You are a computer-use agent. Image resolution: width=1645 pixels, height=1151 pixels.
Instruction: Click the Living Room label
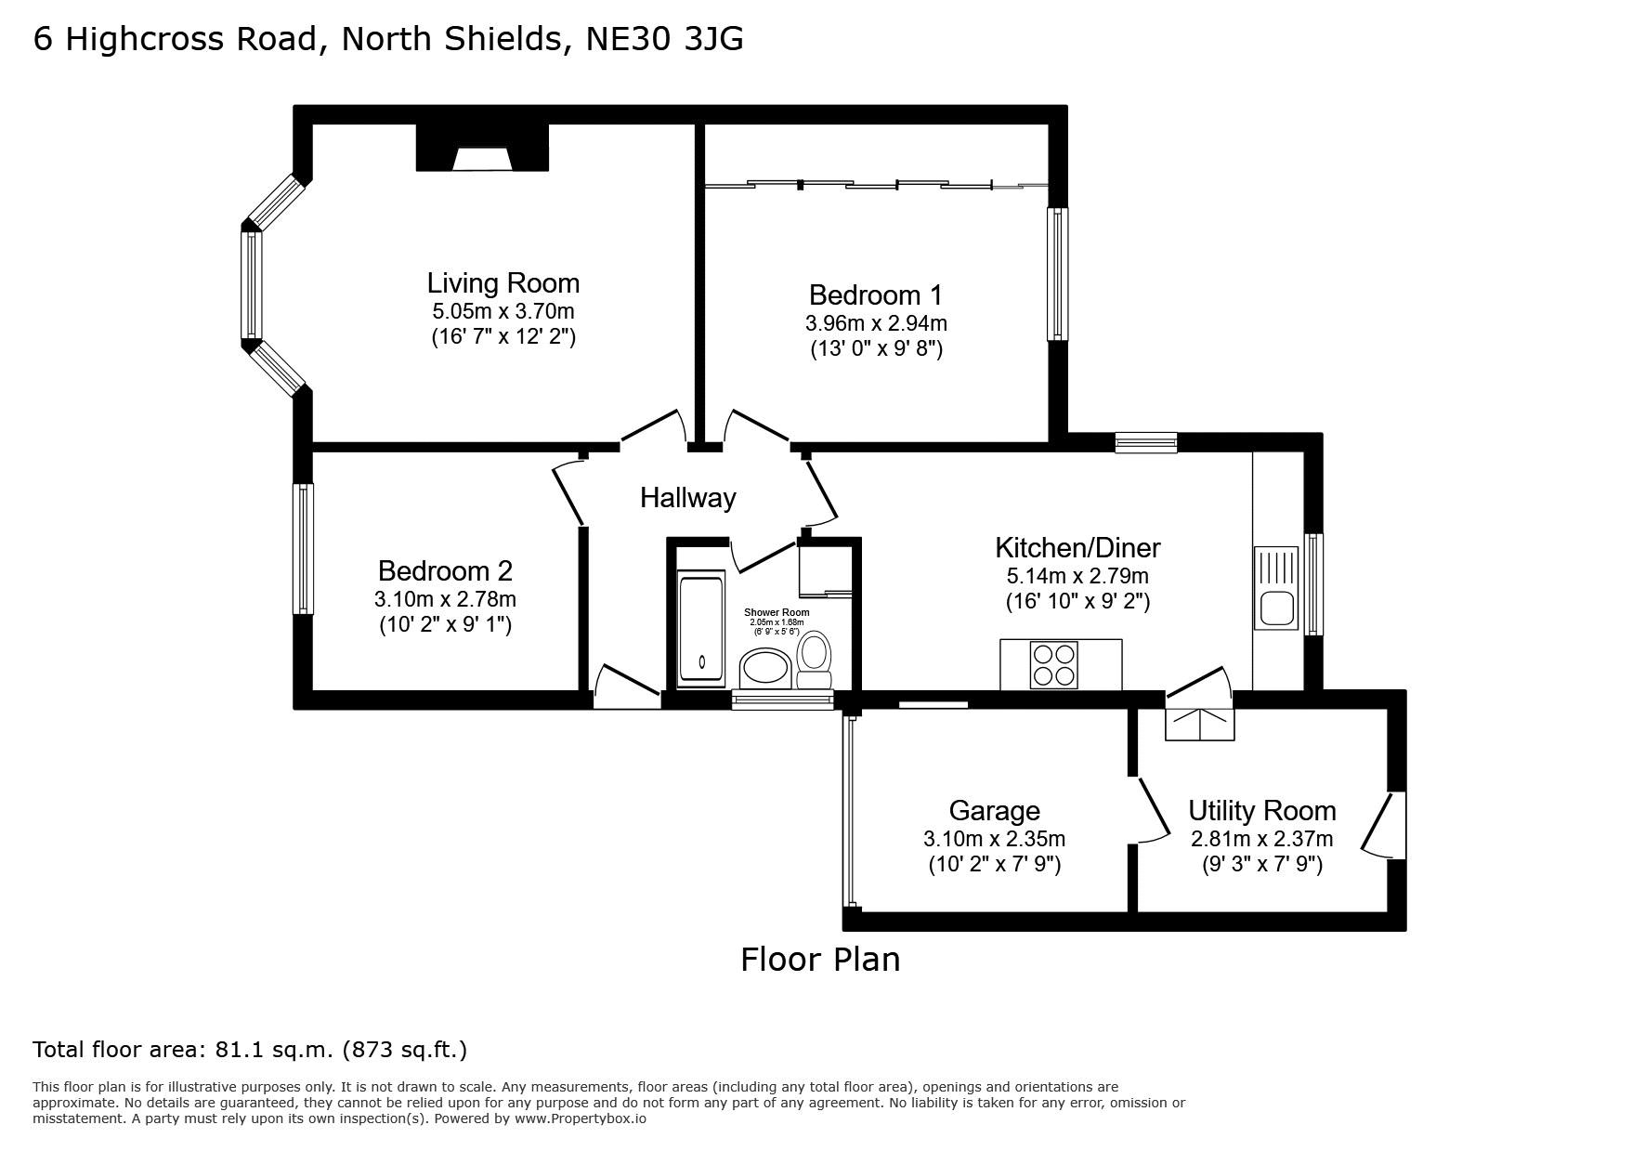[x=503, y=282]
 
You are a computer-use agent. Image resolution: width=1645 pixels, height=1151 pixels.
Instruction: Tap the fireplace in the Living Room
[x=482, y=148]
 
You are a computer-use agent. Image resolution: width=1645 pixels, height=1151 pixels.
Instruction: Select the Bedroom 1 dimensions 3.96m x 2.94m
[x=876, y=323]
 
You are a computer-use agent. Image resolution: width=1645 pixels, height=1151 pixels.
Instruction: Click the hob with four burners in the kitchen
[x=1054, y=664]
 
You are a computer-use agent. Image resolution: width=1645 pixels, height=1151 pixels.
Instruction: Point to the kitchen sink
[x=1277, y=588]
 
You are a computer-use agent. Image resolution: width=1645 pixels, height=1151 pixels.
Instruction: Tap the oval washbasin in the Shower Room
[x=764, y=668]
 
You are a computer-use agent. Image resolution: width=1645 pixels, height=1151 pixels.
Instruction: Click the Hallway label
[x=688, y=498]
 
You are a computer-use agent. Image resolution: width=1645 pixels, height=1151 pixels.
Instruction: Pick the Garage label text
[x=994, y=811]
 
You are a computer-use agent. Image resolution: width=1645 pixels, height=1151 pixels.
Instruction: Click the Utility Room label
[x=1262, y=811]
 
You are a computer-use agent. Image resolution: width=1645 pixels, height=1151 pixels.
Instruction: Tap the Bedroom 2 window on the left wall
[x=303, y=548]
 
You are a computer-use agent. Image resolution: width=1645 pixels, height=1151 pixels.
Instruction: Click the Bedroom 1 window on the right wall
[x=1058, y=273]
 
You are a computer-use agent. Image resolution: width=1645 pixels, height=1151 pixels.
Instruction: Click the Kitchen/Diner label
[x=1077, y=547]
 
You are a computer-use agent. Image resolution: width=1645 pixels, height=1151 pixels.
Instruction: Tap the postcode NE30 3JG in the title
[x=665, y=39]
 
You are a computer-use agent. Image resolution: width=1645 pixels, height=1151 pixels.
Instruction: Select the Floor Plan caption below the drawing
[x=820, y=959]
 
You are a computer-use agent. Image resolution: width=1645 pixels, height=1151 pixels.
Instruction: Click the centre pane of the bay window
[x=252, y=284]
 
